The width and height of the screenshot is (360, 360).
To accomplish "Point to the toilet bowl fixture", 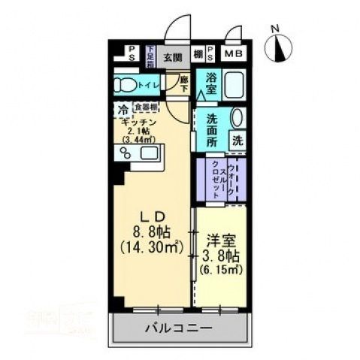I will [x=127, y=83].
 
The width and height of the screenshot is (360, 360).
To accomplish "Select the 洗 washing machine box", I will [x=237, y=140].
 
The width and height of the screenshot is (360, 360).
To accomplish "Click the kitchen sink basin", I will [x=150, y=154].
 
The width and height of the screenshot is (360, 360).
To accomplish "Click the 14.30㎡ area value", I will [x=149, y=244].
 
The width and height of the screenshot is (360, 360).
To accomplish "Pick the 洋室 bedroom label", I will [x=219, y=241].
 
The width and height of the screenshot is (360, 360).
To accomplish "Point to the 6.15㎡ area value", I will [x=219, y=268].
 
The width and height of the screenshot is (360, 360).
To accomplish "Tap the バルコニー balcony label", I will [x=177, y=328].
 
